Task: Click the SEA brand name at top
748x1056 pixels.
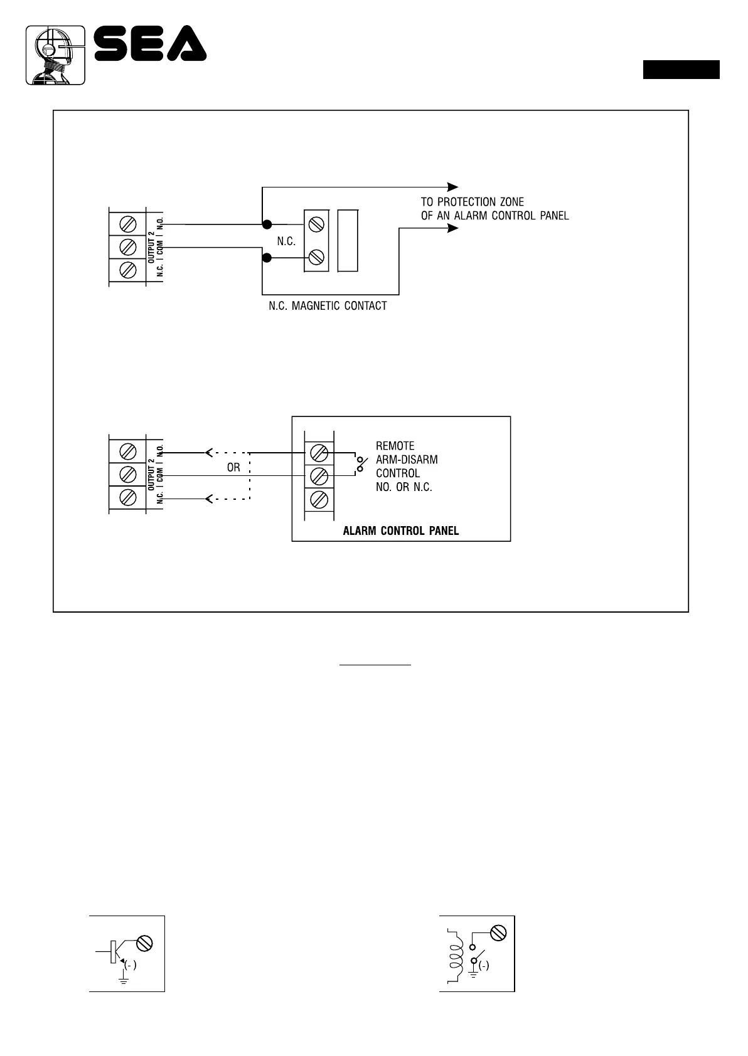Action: (151, 43)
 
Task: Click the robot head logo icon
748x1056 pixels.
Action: (55, 55)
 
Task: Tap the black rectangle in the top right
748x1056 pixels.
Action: (681, 70)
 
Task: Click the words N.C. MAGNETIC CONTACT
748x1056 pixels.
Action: (328, 306)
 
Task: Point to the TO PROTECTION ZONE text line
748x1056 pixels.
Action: (472, 202)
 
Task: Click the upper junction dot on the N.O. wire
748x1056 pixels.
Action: (267, 224)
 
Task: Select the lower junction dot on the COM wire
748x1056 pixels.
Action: (267, 258)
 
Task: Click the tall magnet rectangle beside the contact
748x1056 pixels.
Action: (348, 241)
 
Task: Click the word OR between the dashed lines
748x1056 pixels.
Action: (233, 468)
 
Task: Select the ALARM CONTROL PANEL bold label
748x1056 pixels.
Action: (401, 531)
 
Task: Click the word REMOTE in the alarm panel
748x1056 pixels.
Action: (395, 446)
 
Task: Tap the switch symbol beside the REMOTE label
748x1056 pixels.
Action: (361, 464)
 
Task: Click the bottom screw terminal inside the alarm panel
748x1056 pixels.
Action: (319, 500)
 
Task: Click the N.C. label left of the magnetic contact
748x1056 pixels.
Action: (286, 241)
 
